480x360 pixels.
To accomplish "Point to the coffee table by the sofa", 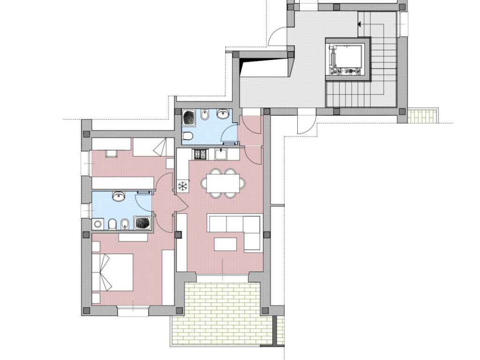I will pos(225,244).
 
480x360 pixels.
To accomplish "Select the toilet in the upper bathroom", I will pos(188,136).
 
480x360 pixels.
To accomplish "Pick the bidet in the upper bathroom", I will pos(205,114).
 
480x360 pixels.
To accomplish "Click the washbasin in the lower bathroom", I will pos(118,197).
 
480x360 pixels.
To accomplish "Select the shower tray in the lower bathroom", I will pos(142,223).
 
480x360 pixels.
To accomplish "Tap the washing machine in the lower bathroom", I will pos(98,225).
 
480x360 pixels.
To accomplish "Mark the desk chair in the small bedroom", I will pos(112,153).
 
